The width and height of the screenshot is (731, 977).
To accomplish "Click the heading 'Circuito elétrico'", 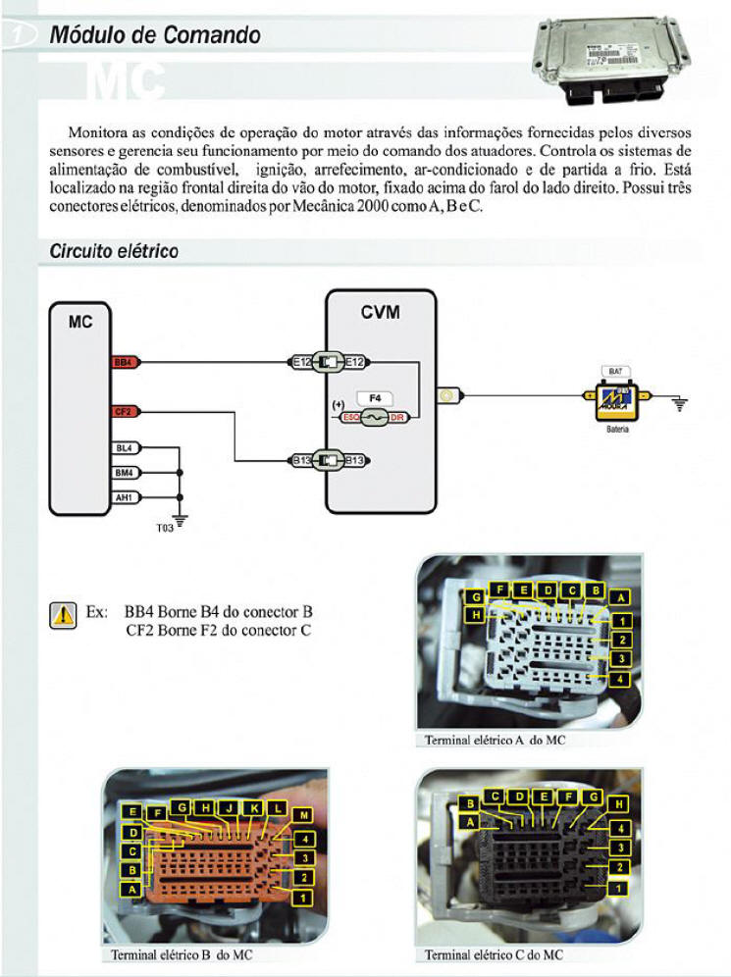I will point(114,252).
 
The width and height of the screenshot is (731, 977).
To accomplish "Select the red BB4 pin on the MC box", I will point(125,362).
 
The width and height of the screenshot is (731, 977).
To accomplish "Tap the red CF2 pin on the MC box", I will point(125,411).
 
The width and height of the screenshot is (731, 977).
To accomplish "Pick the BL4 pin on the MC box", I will point(125,448).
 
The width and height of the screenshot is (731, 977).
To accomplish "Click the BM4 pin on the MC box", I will point(125,472).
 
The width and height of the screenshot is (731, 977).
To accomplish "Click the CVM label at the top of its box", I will point(381,313).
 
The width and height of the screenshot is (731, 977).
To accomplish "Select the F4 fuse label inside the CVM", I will point(373,397).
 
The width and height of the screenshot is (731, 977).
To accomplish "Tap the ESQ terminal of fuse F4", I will point(350,417).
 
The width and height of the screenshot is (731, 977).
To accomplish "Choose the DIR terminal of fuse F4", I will point(397,417).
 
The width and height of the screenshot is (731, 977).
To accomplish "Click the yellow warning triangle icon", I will point(63,615).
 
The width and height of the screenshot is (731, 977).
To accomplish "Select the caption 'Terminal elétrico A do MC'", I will point(495,741).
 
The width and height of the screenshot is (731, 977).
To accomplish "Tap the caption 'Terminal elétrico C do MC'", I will point(494,954).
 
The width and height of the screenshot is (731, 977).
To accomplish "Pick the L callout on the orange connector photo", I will point(277,807).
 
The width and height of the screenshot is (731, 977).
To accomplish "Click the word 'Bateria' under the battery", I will point(617,429).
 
